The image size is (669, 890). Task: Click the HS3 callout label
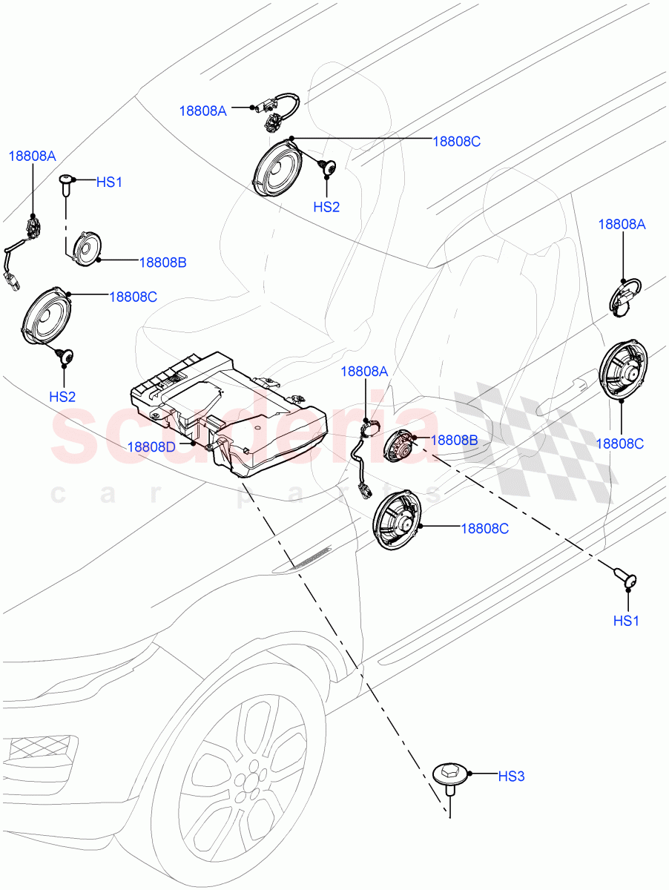(511, 777)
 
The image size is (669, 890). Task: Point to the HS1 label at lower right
(625, 621)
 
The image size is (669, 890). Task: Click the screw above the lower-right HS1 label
(625, 578)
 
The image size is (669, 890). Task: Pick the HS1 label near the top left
(109, 182)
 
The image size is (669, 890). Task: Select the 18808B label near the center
(454, 440)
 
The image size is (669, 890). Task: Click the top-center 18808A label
(202, 111)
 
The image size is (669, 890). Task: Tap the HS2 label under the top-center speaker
(326, 207)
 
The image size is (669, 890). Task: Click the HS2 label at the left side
(62, 397)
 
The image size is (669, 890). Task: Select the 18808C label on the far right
(619, 444)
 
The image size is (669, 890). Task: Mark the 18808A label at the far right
(622, 224)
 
